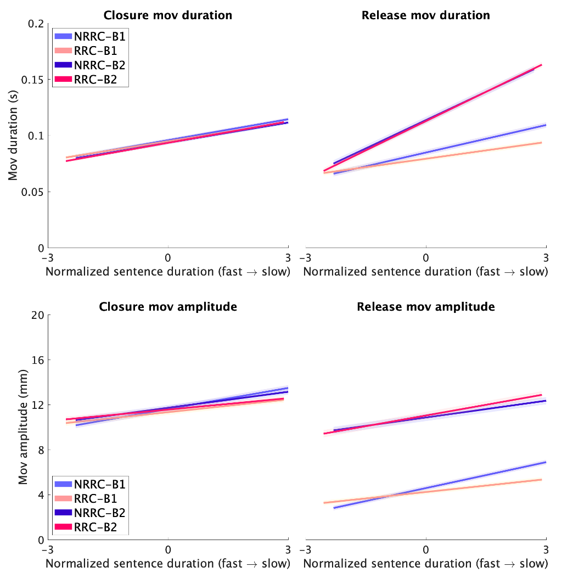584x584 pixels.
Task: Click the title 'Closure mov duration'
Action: (x=168, y=15)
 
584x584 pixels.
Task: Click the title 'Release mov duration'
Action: (x=426, y=15)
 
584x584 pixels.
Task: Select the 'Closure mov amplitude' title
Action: (x=168, y=307)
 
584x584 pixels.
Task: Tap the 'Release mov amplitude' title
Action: (x=426, y=307)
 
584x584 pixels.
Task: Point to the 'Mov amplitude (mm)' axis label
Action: (x=23, y=428)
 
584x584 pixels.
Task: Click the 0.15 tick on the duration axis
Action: (x=33, y=80)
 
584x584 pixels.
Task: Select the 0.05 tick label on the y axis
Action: (x=33, y=192)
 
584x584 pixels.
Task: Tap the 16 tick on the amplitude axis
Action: (x=37, y=360)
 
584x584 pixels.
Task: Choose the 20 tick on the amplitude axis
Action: (x=37, y=315)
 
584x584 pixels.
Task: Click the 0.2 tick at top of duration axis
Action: (x=36, y=24)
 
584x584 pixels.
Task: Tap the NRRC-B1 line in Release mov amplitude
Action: (x=494, y=475)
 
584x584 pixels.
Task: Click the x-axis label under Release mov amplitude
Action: (x=426, y=564)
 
